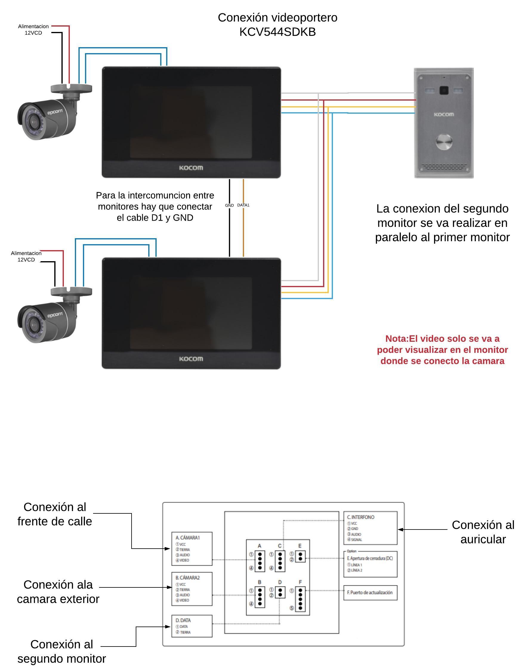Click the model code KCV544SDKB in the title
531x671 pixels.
(x=277, y=32)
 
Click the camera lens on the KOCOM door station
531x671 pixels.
(x=444, y=90)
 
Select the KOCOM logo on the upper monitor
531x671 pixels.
(x=191, y=168)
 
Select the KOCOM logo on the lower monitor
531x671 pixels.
(x=191, y=359)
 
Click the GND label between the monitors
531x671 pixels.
(x=229, y=205)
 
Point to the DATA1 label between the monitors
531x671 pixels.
(x=243, y=205)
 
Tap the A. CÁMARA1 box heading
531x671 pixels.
(x=187, y=538)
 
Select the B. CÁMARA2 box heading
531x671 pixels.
(x=187, y=578)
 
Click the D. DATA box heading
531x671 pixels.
(x=183, y=620)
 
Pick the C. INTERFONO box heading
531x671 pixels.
(x=361, y=517)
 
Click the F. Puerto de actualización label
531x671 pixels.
(x=370, y=592)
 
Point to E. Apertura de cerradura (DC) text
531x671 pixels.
(x=370, y=558)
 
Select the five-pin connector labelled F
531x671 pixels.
(x=300, y=599)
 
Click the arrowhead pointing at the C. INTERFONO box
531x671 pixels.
(x=401, y=530)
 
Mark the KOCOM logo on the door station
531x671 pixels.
(x=444, y=115)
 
